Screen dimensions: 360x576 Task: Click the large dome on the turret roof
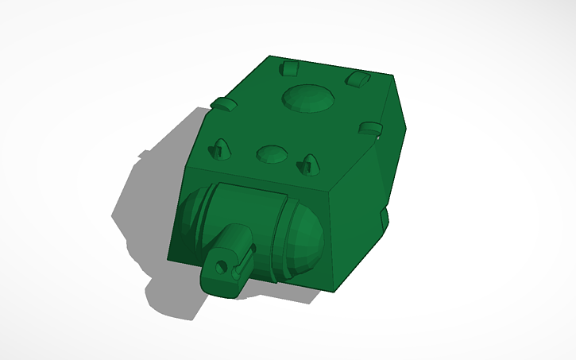[x=307, y=98]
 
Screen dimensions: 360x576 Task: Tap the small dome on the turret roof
[x=272, y=153]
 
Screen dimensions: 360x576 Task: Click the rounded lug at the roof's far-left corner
[x=289, y=68]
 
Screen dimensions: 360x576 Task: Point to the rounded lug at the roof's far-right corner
[x=358, y=78]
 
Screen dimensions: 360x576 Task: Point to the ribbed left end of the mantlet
[x=191, y=223]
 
